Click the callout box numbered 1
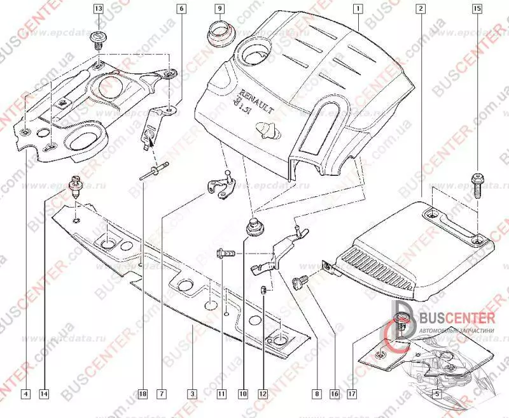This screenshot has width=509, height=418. [x=359, y=9]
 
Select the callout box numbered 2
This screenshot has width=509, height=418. [x=421, y=9]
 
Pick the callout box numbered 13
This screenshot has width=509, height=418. [x=98, y=9]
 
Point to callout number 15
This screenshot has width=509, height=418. [x=477, y=9]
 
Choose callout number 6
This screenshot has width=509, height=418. [x=181, y=9]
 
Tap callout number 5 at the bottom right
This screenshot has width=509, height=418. [x=437, y=394]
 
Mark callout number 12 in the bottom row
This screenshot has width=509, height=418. [x=262, y=394]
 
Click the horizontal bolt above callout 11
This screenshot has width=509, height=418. [x=227, y=252]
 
